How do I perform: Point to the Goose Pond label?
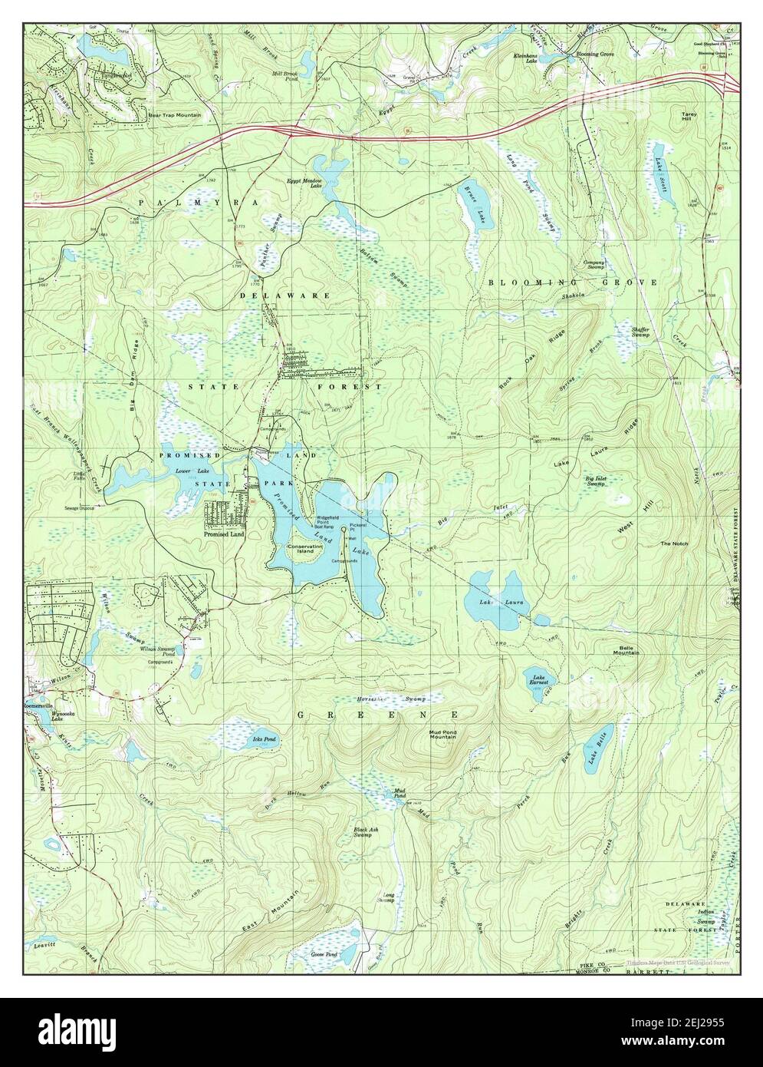click(324, 954)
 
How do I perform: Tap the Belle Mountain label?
click(625, 649)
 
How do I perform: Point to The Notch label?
click(675, 543)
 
